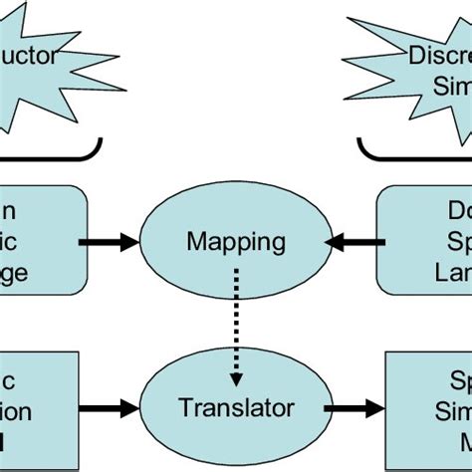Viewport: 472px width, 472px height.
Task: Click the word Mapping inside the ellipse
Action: [235, 241]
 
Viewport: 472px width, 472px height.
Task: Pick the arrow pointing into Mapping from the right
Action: [354, 242]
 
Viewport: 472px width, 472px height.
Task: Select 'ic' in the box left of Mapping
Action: [15, 241]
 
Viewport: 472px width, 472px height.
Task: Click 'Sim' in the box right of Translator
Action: [448, 410]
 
